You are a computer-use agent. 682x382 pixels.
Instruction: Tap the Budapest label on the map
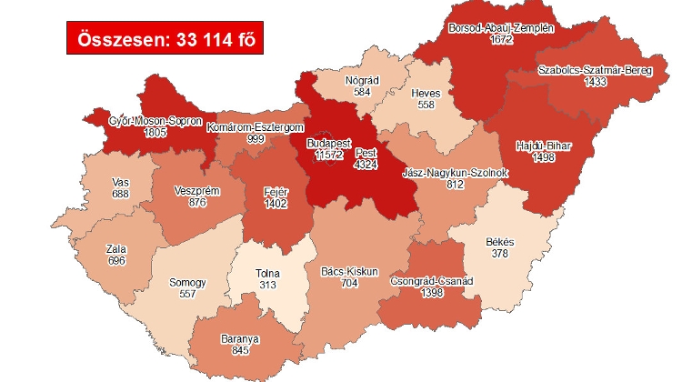[x=329, y=144]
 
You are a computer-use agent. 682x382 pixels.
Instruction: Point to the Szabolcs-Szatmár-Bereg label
[x=595, y=70]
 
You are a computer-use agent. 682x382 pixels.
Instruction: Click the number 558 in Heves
[x=426, y=106]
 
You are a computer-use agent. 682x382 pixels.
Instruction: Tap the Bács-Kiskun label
[x=345, y=271]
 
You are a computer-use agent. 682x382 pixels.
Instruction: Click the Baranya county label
[x=239, y=339]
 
